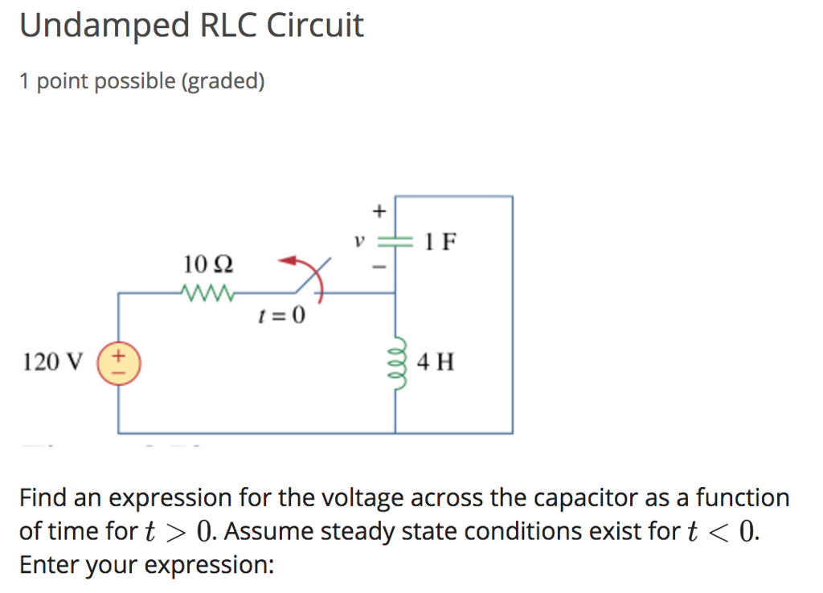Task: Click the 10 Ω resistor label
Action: point(208,264)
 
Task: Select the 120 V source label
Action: point(52,362)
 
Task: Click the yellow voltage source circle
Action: point(119,362)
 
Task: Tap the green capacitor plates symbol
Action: point(395,241)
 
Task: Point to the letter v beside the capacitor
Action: point(361,240)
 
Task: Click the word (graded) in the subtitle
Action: point(222,81)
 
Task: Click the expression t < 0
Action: point(721,532)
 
